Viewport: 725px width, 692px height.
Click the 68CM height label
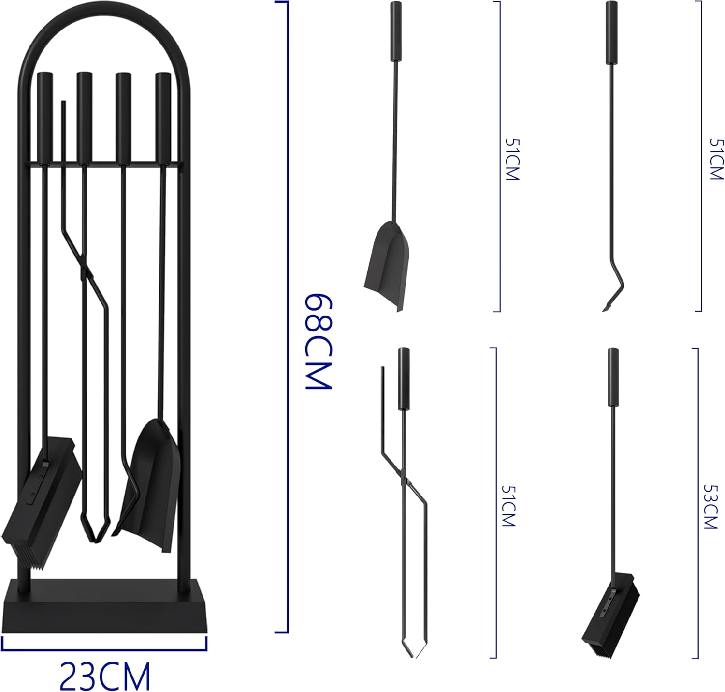318,341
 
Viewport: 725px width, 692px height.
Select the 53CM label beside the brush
710,507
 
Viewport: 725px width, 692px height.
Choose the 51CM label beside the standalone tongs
508,506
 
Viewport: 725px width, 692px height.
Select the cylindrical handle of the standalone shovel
396,31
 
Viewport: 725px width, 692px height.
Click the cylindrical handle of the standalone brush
613,377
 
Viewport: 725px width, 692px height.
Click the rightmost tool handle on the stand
162,116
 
